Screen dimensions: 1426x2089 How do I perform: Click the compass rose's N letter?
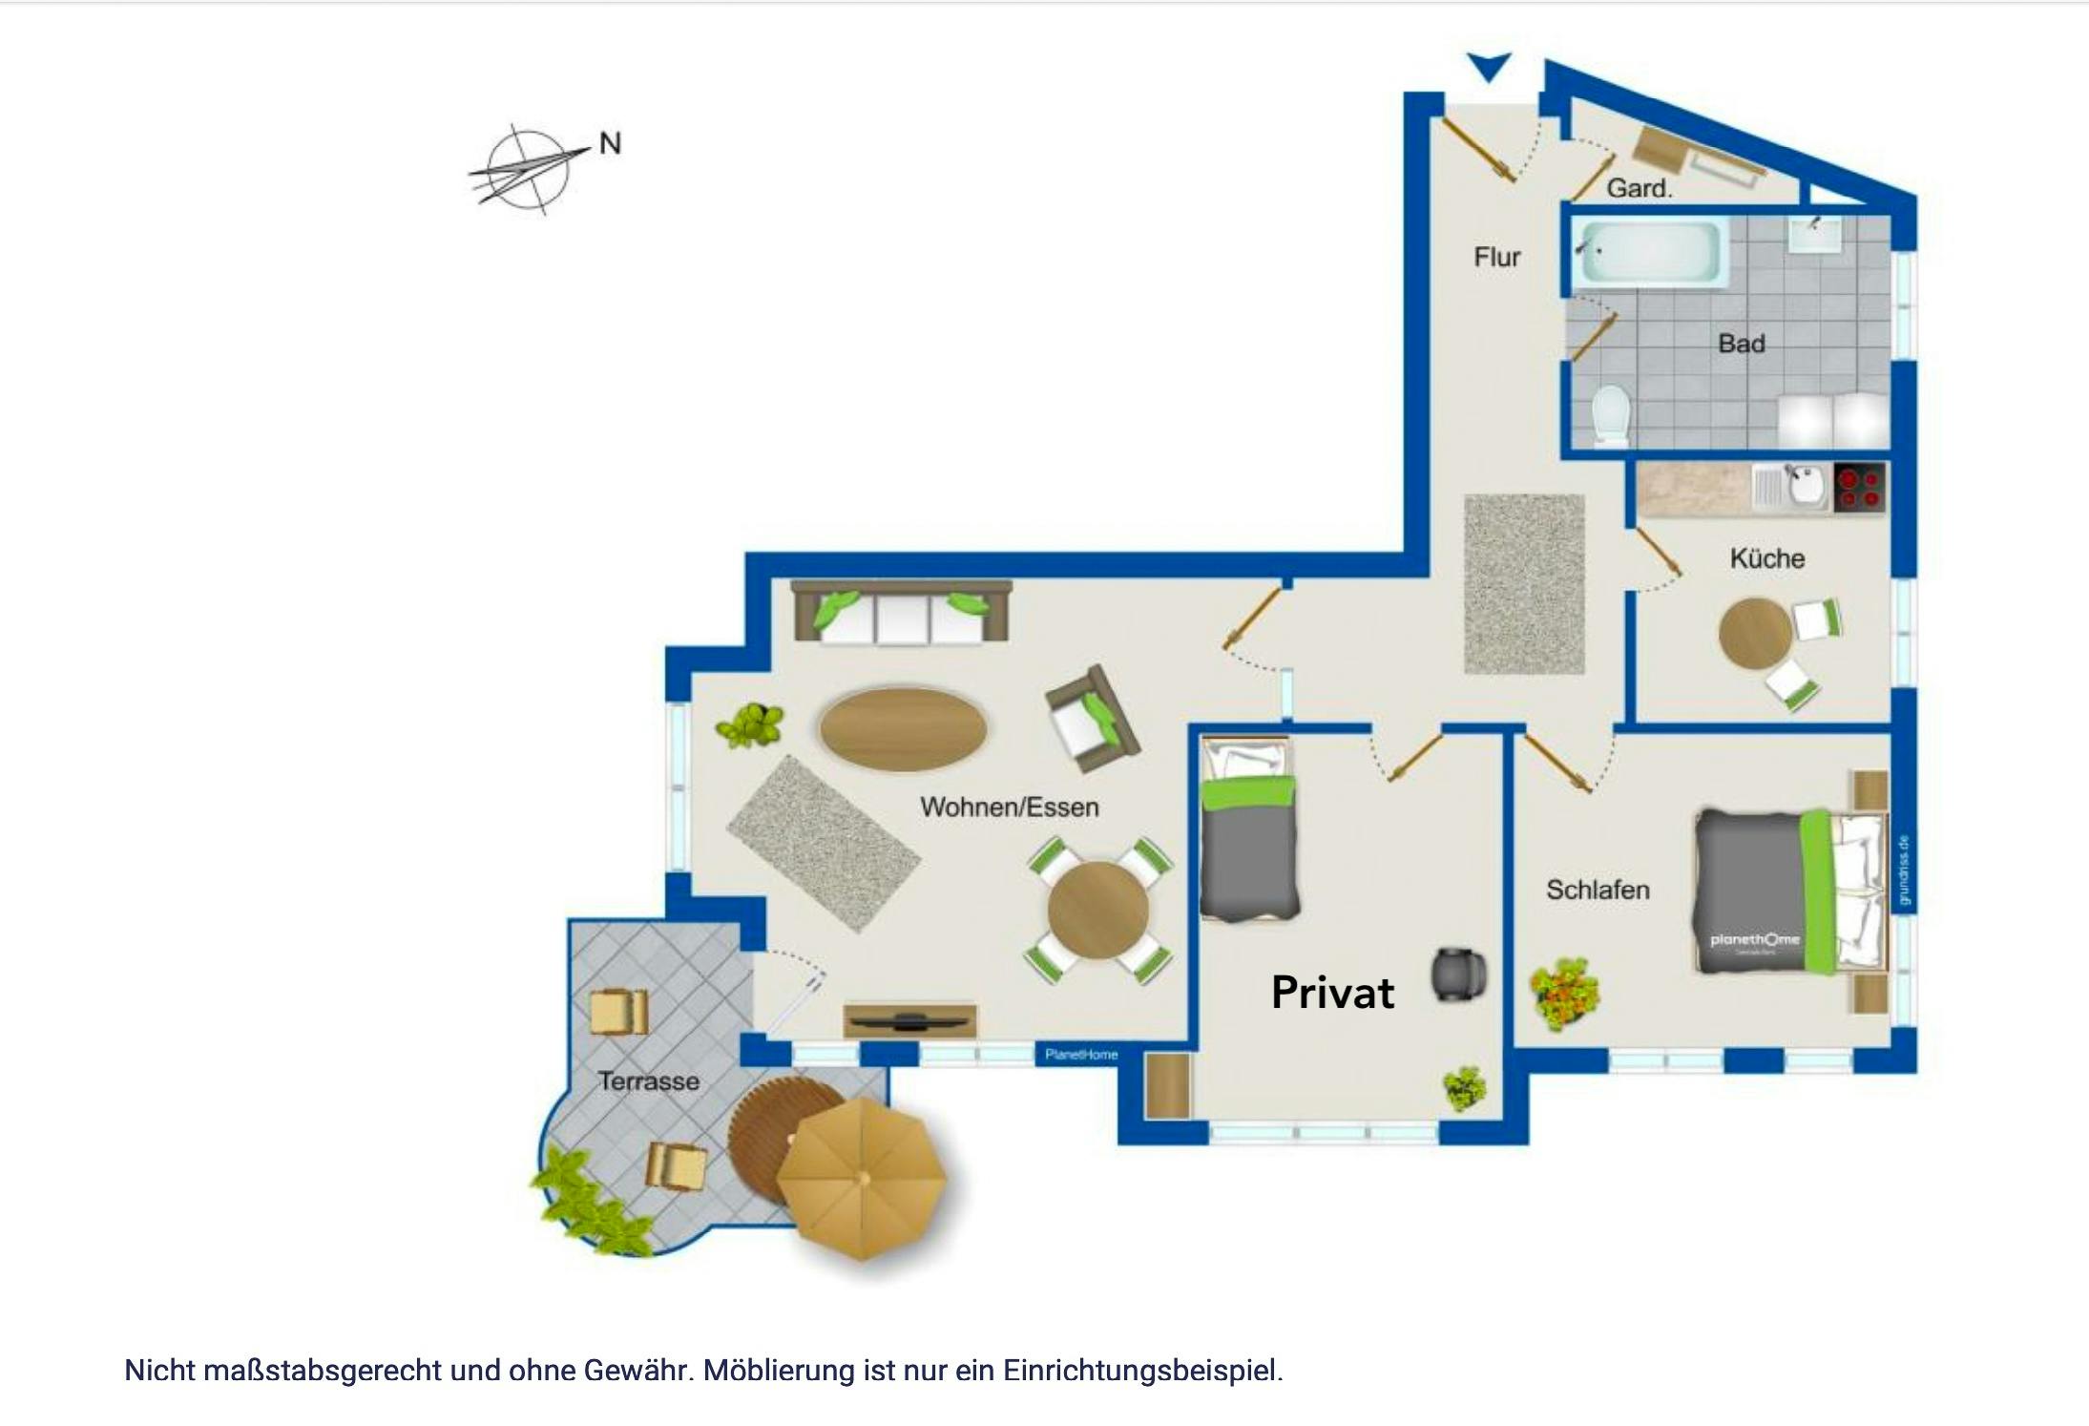coord(610,144)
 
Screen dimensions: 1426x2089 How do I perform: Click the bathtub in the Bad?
coord(1651,253)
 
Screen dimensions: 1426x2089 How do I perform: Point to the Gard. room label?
coord(1640,188)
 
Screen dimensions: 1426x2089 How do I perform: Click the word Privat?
coord(1332,993)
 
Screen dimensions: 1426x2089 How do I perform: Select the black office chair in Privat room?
coord(1458,975)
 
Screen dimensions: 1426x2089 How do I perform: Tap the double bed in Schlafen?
coord(1790,891)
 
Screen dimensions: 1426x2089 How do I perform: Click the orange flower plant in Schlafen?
coord(1564,993)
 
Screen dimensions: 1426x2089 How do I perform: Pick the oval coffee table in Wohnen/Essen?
coord(902,728)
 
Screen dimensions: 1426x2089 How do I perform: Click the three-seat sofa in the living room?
coord(902,612)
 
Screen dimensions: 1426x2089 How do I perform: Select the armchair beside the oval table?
coord(1091,719)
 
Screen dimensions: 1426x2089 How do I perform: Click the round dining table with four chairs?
coord(1097,909)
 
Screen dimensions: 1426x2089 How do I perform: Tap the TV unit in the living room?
coord(909,1020)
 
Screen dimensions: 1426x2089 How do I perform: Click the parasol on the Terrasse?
coord(861,1179)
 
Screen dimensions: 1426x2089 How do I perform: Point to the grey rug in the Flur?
coord(1523,583)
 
